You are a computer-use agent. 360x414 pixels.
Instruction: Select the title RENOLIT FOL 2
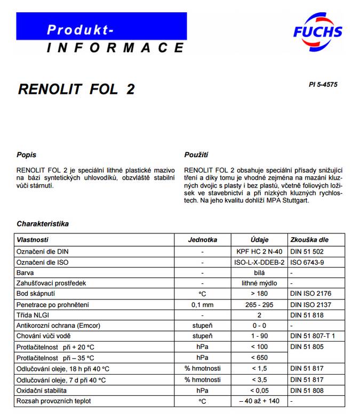click(76, 89)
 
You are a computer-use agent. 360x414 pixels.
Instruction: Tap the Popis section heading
click(27, 155)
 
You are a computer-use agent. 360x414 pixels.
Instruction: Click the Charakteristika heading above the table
click(43, 224)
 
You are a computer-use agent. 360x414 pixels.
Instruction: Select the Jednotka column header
click(202, 240)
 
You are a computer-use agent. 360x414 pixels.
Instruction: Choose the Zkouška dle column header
click(309, 240)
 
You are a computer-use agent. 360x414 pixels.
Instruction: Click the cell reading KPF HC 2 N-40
click(260, 251)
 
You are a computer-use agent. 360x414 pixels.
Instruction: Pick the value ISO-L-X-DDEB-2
click(260, 262)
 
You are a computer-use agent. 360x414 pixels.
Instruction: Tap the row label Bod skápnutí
click(36, 294)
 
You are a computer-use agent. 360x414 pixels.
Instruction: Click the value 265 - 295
click(260, 304)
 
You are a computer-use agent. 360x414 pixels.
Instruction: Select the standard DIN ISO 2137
click(311, 304)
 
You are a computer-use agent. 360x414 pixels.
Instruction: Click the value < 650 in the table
click(260, 358)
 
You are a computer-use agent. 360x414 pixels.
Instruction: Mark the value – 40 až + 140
click(260, 401)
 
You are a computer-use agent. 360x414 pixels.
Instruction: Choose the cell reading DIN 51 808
click(307, 390)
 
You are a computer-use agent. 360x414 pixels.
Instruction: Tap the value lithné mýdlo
click(260, 283)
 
